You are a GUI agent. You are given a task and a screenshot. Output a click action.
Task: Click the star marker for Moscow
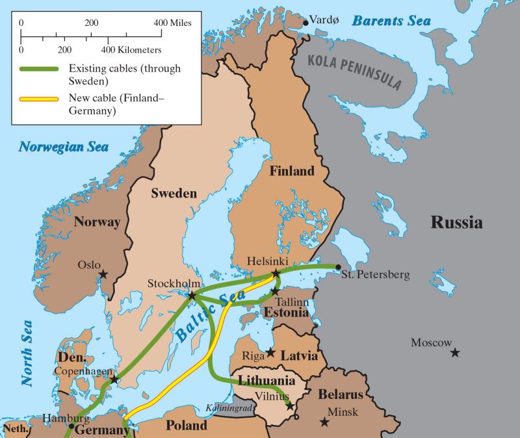[455, 352]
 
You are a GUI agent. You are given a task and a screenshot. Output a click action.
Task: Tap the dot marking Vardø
[305, 23]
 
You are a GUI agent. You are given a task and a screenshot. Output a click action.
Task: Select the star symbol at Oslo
[103, 275]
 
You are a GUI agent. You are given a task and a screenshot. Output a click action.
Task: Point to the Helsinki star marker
[276, 274]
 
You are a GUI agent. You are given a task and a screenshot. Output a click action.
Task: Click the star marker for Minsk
[324, 422]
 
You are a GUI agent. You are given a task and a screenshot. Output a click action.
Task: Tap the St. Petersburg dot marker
[338, 266]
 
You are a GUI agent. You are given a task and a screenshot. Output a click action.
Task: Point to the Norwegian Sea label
[63, 146]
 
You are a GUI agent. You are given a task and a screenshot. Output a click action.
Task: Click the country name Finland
[292, 172]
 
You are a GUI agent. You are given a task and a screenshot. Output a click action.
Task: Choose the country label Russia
[457, 223]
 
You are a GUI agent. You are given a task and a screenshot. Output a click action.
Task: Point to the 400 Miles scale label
[177, 23]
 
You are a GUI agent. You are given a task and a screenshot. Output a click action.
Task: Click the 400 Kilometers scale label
[131, 49]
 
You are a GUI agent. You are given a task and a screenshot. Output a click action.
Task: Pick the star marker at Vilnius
[290, 408]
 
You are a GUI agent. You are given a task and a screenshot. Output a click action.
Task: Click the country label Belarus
[339, 395]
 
